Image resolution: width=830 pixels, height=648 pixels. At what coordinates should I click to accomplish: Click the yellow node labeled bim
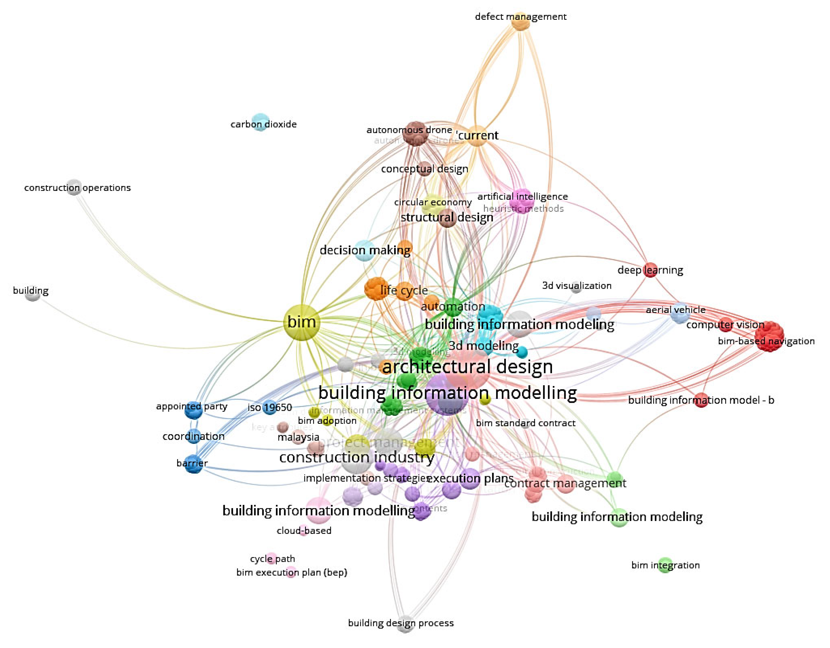[x=301, y=322]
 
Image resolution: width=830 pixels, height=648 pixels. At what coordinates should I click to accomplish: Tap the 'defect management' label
[x=520, y=17]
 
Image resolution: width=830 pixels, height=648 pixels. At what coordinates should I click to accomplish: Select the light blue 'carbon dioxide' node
[x=260, y=122]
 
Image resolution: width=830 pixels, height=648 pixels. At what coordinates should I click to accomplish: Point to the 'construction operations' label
[x=77, y=188]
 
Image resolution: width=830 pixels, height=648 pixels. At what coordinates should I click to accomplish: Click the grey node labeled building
[x=33, y=294]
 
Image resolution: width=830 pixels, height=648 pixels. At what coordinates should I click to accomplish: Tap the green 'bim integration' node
[x=665, y=565]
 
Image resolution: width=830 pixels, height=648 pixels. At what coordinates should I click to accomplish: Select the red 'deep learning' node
[x=650, y=270]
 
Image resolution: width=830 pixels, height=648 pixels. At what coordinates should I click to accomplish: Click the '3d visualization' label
[x=577, y=285]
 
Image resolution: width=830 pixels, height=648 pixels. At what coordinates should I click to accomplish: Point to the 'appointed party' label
[x=192, y=406]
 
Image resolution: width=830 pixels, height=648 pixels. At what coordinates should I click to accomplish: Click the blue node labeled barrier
[x=193, y=463]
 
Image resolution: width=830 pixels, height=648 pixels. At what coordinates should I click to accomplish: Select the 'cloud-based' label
[x=304, y=531]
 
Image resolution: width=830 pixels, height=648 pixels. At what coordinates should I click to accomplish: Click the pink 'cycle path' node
[x=271, y=558]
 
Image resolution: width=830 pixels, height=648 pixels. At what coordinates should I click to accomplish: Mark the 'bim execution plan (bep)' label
[x=291, y=572]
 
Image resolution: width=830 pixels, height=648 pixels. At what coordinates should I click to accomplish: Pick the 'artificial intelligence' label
[x=523, y=197]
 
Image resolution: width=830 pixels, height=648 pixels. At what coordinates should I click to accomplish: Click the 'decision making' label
[x=365, y=250]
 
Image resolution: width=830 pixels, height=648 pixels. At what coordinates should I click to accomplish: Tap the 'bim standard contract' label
[x=526, y=423]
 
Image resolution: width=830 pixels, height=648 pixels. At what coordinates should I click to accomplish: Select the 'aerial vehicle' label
[x=675, y=310]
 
